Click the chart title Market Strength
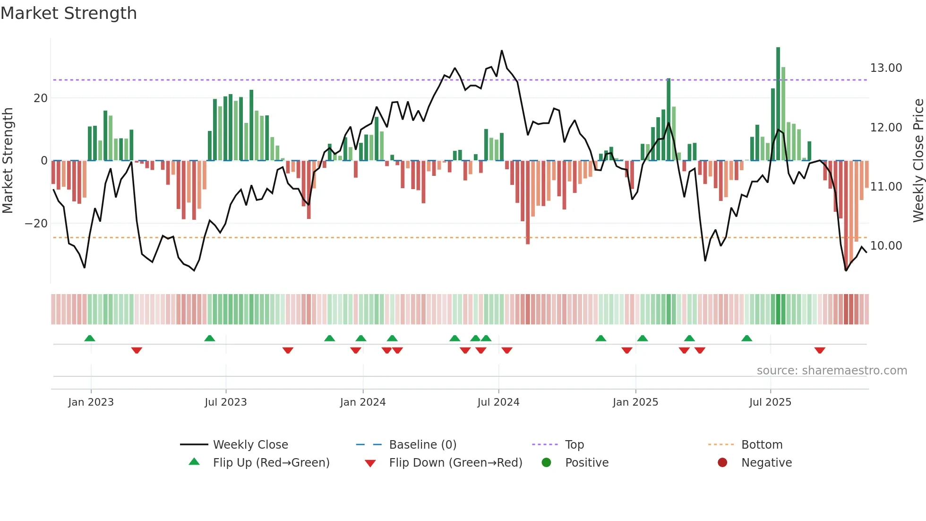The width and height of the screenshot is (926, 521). coord(69,13)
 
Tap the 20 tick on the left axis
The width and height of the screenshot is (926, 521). coord(41,98)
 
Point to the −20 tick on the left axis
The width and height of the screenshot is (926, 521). coord(36,224)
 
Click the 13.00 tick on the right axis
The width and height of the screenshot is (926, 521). coord(886,68)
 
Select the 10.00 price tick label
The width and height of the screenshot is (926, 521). coord(886,246)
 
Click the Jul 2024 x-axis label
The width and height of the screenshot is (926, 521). coord(498,402)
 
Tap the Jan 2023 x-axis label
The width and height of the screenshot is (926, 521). coord(91,402)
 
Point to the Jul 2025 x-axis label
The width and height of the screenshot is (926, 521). coord(770,402)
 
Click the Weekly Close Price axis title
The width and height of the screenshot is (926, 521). coord(918,161)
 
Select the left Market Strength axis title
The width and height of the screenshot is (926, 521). coord(8,161)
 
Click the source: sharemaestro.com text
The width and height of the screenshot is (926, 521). coord(832,371)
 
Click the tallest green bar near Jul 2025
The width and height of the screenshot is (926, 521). coord(778,104)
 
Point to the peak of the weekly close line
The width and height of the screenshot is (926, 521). coord(502,51)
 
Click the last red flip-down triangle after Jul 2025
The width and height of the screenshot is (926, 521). coord(820,350)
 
